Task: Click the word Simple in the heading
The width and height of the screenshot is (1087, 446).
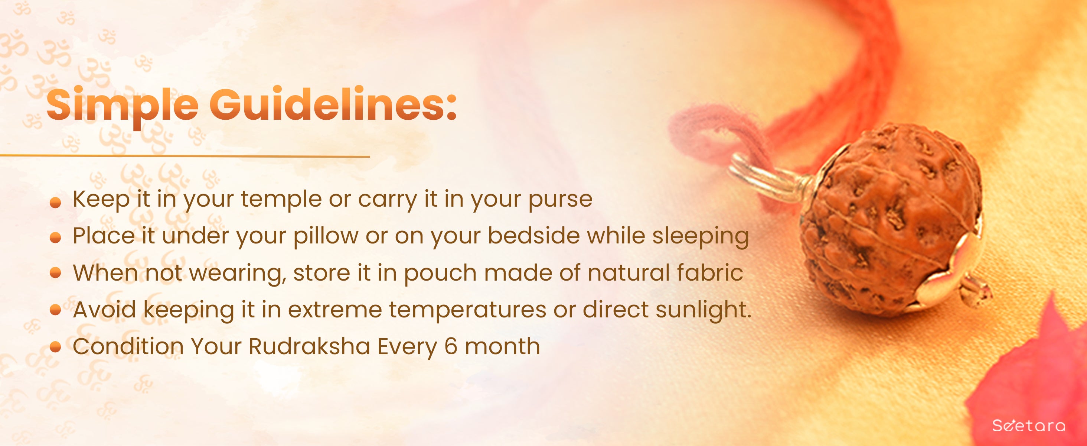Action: (123, 106)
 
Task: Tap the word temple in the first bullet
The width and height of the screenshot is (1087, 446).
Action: (281, 199)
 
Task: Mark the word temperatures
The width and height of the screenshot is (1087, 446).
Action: (467, 310)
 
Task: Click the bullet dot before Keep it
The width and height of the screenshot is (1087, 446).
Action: (55, 203)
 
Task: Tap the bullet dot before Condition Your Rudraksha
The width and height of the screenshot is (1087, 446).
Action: (55, 347)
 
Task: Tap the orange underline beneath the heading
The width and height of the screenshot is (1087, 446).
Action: (185, 156)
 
